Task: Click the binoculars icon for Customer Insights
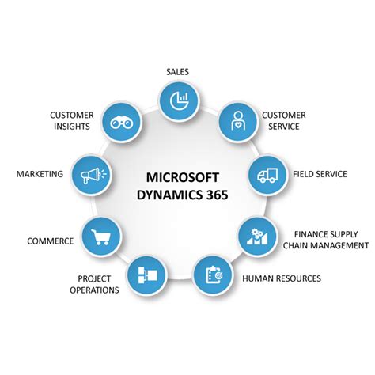[121, 123]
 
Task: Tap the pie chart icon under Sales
[180, 100]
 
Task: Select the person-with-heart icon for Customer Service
[238, 121]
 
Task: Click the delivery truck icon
[267, 175]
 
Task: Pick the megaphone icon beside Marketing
[93, 175]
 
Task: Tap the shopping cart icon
[100, 237]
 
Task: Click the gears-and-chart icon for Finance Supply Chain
[257, 236]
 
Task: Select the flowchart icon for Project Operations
[148, 275]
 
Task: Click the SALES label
[177, 72]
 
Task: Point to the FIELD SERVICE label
[320, 174]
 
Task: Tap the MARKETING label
[40, 174]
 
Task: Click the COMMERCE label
[51, 241]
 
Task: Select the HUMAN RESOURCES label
[282, 278]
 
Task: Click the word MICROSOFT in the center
[183, 177]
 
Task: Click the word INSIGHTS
[72, 127]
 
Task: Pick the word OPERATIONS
[94, 290]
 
